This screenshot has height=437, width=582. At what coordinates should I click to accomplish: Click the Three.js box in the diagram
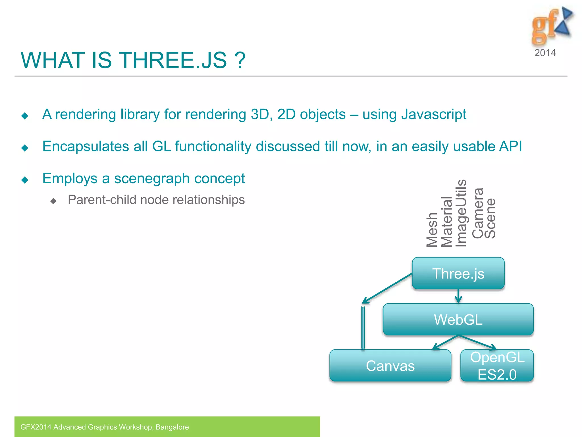[458, 273]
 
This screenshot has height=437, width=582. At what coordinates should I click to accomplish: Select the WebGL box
[458, 319]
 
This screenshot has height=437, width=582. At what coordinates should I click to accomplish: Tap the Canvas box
[390, 366]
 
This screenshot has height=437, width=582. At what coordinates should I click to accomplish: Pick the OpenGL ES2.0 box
[497, 366]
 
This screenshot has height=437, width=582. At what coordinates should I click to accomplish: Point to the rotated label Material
[446, 222]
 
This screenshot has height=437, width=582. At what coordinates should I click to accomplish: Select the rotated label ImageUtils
[461, 213]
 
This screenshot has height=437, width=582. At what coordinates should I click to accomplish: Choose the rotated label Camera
[478, 213]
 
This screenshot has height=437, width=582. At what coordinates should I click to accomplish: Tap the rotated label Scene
[490, 218]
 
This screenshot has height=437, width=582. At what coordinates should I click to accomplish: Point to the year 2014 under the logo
[545, 53]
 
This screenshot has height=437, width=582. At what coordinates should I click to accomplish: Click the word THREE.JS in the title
[173, 60]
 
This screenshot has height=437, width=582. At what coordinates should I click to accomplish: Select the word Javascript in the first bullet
[434, 114]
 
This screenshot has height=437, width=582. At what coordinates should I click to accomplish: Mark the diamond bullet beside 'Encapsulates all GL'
[25, 148]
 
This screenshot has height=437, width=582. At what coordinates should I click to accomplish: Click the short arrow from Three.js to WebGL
[458, 296]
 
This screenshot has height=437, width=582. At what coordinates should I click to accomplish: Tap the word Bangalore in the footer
[172, 427]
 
